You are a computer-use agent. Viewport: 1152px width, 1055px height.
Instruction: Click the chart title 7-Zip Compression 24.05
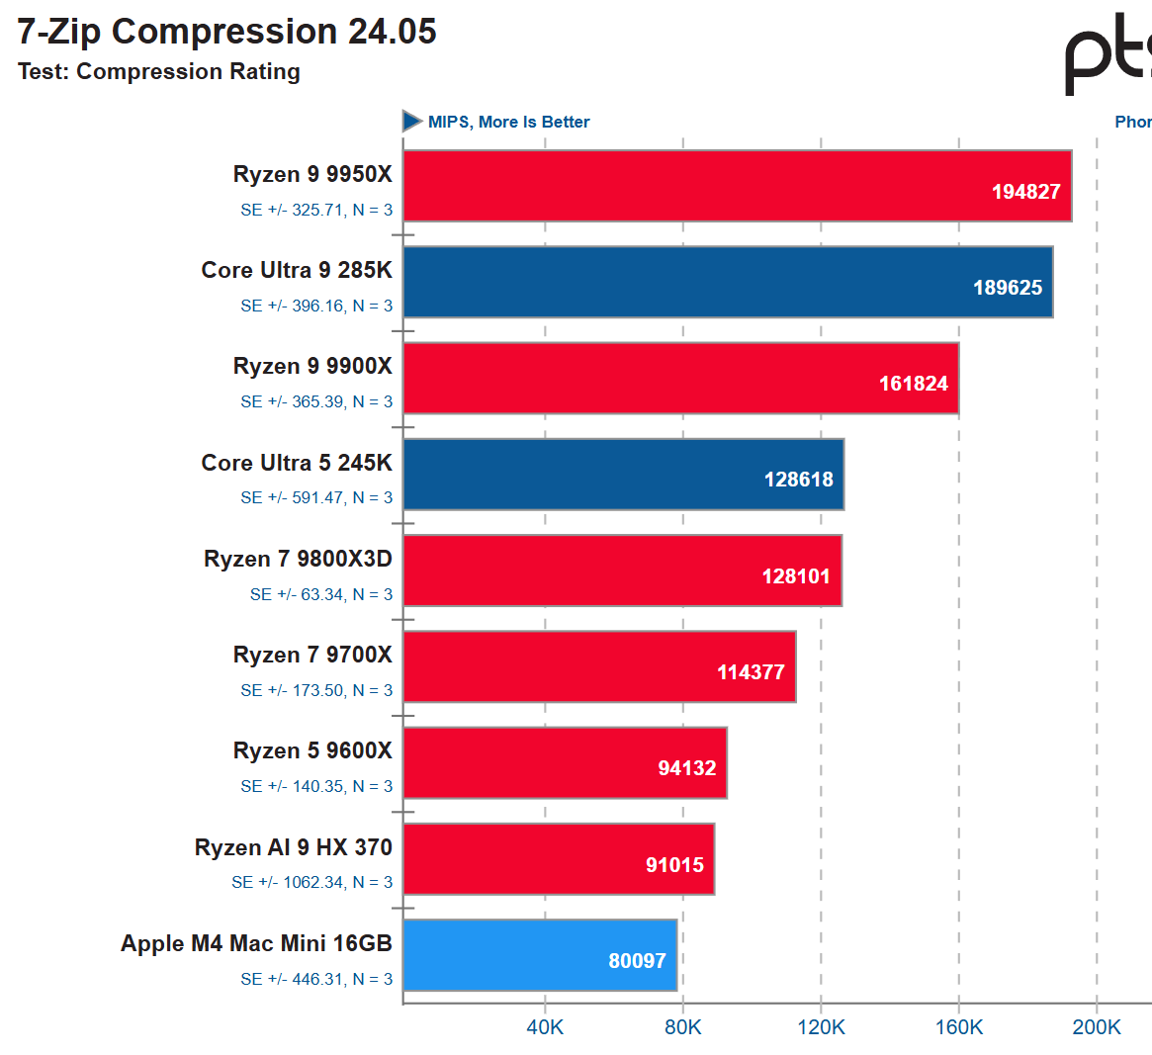point(226,32)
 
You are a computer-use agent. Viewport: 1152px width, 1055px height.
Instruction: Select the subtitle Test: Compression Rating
point(159,72)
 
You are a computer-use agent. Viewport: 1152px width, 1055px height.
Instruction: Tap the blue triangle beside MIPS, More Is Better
point(412,122)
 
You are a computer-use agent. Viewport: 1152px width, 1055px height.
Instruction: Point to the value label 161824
point(913,384)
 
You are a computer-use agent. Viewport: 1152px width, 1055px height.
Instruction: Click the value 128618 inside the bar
point(798,480)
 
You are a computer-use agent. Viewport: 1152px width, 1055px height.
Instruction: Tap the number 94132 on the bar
point(686,768)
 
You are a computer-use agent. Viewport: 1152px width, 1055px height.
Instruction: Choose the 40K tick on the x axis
point(545,1027)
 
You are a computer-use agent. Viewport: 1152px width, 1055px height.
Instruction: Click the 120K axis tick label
point(821,1027)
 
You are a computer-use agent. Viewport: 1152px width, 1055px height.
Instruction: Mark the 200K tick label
point(1097,1027)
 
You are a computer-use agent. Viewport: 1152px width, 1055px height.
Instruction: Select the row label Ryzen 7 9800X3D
point(298,560)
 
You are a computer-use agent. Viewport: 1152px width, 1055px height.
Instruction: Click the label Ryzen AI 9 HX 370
point(293,847)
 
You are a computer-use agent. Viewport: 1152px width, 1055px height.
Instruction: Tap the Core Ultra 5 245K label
point(297,463)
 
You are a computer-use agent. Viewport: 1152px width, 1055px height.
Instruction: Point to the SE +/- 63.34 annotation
point(320,594)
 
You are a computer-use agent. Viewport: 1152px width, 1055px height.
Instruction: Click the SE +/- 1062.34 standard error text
point(311,882)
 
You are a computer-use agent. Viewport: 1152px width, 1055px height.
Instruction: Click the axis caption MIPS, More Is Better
point(508,122)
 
